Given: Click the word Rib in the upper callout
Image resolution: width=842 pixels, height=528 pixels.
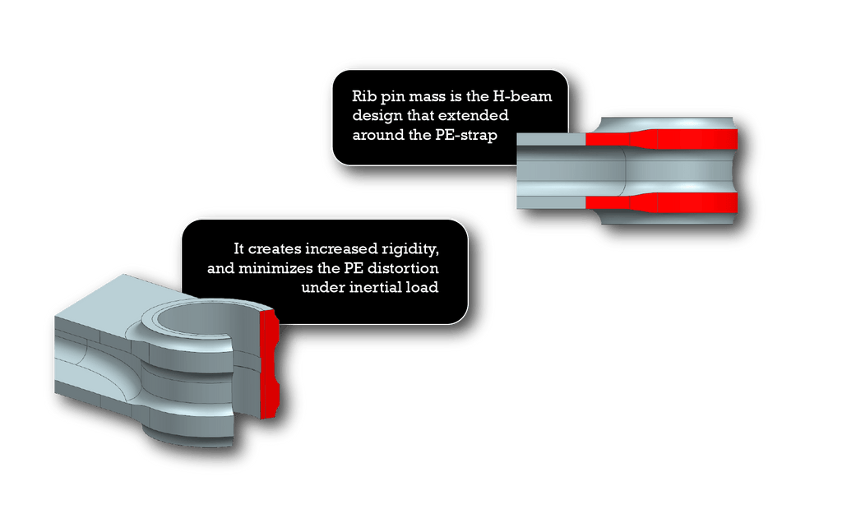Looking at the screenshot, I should pos(365,95).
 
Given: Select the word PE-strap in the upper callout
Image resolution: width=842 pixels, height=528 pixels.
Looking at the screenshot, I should pos(467,134).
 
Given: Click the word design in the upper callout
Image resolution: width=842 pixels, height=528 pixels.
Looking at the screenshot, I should pos(377,114).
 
